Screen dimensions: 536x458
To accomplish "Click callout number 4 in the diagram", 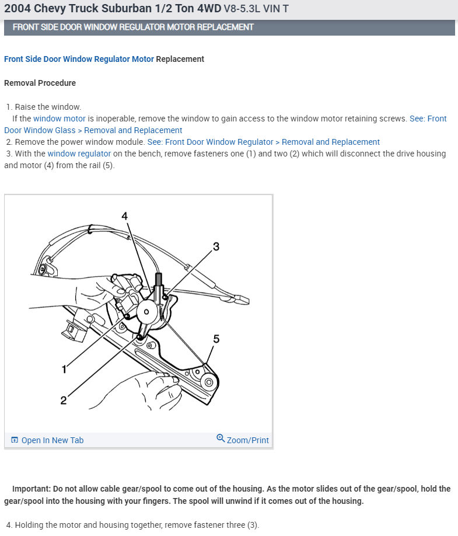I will click(x=124, y=216).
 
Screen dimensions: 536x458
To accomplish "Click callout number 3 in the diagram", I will click(x=216, y=246).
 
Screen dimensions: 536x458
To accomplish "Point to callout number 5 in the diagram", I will click(x=216, y=339).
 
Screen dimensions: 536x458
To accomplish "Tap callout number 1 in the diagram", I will click(x=64, y=369).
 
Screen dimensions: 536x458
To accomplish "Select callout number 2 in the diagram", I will click(x=63, y=400).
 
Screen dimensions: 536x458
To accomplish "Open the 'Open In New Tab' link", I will click(x=52, y=440).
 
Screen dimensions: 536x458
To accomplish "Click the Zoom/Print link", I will click(x=247, y=440).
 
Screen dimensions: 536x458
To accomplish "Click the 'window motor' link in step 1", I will click(x=60, y=119).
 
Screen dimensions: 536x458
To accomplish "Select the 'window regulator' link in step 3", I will click(x=79, y=154).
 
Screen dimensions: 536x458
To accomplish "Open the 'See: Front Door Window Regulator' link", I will click(x=210, y=142).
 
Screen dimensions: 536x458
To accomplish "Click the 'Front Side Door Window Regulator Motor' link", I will click(x=79, y=59).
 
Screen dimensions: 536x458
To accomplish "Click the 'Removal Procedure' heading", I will click(x=40, y=83).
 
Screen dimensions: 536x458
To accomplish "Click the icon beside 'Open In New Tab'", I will click(x=15, y=440).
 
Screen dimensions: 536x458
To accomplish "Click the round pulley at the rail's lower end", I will click(x=207, y=382).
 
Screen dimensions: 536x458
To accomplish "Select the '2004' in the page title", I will click(x=18, y=9).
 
